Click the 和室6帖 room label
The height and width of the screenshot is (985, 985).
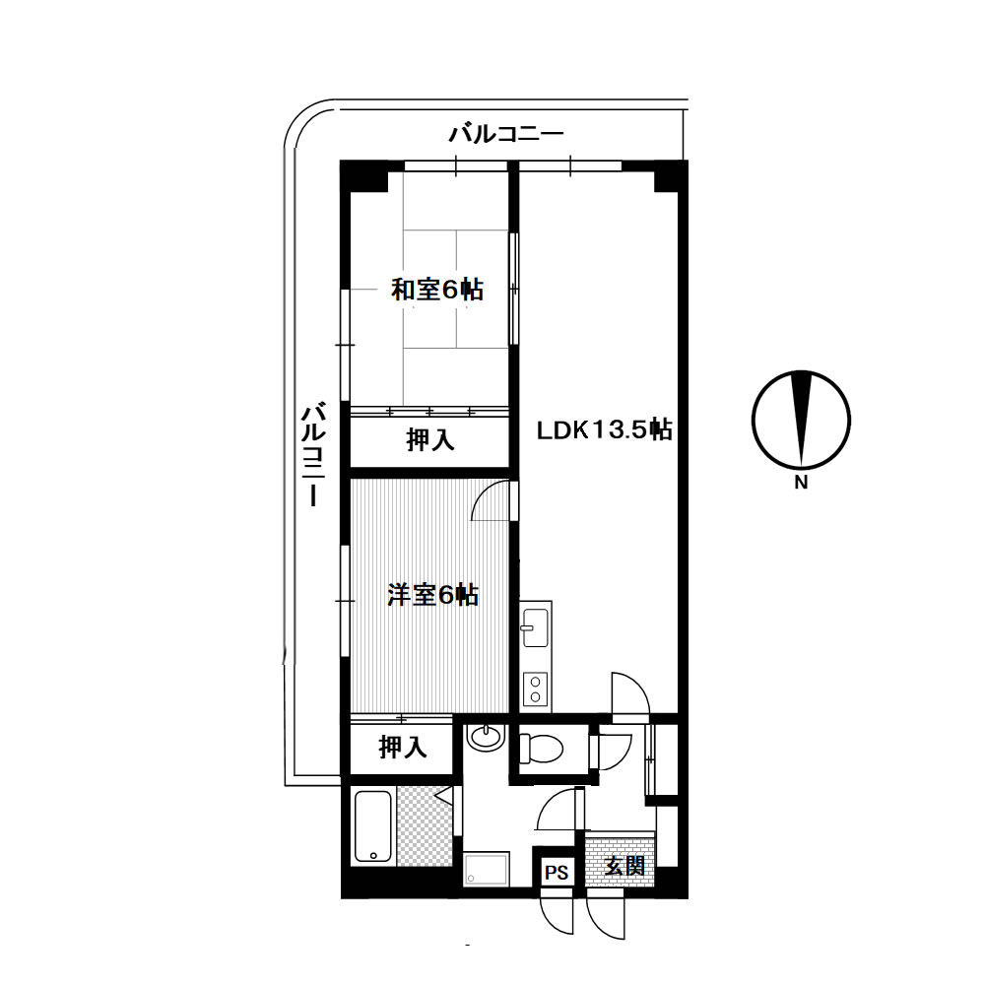coord(436,290)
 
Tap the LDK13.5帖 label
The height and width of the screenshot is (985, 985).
coord(604,429)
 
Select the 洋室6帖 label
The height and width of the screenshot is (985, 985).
coord(432,594)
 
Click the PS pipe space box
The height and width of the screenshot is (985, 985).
coord(557,872)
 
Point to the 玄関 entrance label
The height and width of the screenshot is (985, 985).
coord(624,866)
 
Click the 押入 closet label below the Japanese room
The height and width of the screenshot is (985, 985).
coord(429,439)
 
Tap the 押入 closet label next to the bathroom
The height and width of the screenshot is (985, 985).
coord(403,747)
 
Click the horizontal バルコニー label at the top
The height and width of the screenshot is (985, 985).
coord(505,134)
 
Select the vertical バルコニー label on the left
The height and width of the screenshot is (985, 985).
coord(313,454)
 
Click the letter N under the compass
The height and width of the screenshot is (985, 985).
coord(801,483)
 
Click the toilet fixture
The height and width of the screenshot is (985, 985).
coord(541,749)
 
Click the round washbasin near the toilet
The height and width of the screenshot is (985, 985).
coord(487,736)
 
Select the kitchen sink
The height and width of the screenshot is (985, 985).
coord(535,627)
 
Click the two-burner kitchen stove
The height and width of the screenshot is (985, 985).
coord(535,689)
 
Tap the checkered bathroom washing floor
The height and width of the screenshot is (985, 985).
coord(426,826)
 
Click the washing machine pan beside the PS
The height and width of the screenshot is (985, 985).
coord(487,870)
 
